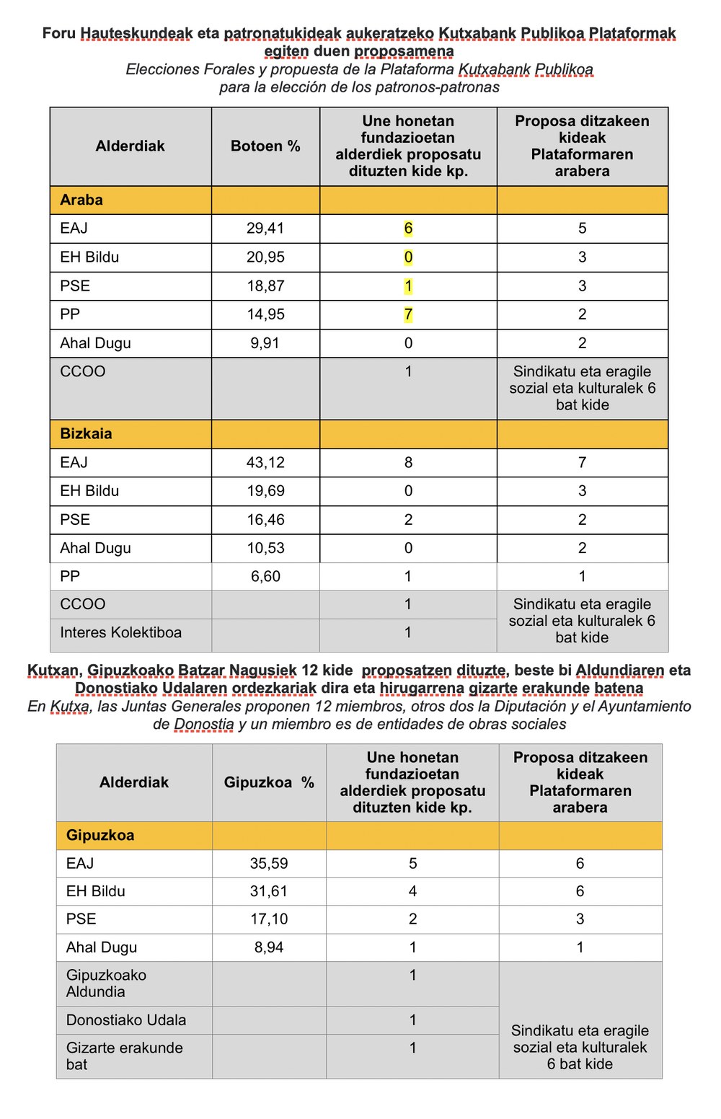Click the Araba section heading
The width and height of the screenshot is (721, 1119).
tap(81, 200)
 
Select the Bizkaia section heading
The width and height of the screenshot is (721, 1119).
tap(86, 433)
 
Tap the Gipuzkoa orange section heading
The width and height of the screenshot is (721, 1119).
tap(100, 835)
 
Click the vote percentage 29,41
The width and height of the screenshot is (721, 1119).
tap(265, 229)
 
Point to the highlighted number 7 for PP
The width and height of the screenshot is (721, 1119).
tap(408, 314)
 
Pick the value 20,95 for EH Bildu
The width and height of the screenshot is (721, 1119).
tap(265, 257)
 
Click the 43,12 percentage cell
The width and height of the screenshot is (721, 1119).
tap(265, 462)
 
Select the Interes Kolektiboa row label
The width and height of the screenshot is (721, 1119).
tap(120, 632)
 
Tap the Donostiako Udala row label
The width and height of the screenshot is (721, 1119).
tap(126, 1020)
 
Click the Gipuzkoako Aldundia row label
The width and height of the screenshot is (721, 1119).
tap(106, 983)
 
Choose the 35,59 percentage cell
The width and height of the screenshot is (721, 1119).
tap(269, 863)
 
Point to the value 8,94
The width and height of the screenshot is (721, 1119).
tap(269, 947)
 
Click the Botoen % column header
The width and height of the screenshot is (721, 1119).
tap(265, 146)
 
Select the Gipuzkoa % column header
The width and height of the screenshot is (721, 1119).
tap(269, 782)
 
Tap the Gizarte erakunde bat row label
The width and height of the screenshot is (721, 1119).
tap(124, 1056)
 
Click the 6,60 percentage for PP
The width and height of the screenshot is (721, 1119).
tap(265, 576)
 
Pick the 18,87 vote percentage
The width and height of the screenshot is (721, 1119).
tap(265, 286)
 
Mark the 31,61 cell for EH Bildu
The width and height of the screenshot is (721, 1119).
tap(269, 891)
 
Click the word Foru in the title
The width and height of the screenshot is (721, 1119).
tap(59, 33)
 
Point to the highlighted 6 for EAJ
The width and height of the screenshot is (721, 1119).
tap(408, 229)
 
